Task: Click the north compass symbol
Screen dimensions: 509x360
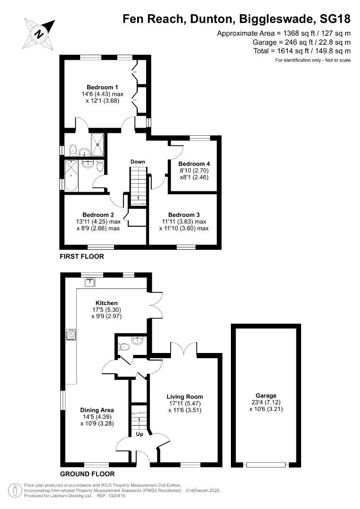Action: point(39,33)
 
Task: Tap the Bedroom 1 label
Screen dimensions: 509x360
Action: point(102,87)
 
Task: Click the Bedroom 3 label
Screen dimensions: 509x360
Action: point(184,214)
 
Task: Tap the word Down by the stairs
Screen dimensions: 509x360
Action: point(138,162)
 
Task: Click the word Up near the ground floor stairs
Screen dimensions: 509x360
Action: point(139,433)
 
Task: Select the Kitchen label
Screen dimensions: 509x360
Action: point(106,303)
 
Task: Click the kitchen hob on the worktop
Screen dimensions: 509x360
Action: point(71,335)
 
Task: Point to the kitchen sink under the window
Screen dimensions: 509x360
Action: point(90,282)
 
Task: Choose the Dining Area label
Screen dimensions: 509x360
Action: point(97,410)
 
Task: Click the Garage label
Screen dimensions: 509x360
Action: point(266,395)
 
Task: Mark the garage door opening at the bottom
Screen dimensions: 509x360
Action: point(266,465)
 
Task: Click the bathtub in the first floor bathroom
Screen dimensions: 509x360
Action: point(72,175)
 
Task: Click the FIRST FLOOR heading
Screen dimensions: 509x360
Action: point(82,257)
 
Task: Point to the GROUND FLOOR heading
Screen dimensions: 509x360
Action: point(87,474)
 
